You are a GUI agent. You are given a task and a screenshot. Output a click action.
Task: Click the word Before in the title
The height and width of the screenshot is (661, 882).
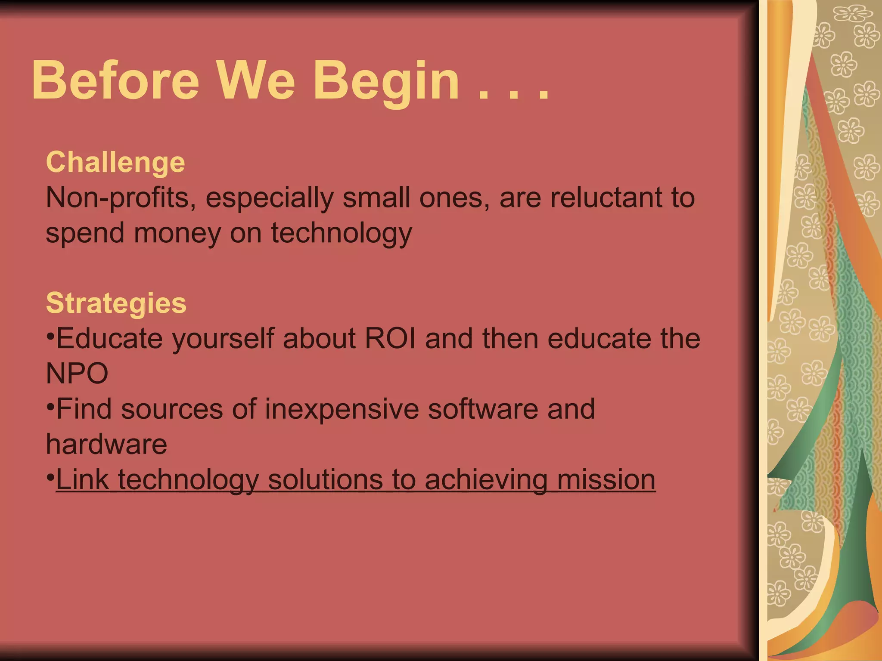(115, 80)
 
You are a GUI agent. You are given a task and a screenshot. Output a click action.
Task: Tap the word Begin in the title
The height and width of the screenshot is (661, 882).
(386, 82)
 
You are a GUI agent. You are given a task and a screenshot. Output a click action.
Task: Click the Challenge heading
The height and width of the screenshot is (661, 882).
(115, 163)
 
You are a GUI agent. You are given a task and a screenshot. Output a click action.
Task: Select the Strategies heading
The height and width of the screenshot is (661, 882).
(116, 303)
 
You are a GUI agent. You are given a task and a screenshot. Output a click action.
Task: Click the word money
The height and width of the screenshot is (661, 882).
(177, 233)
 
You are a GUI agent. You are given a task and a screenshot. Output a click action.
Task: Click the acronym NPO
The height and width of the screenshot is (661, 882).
(77, 374)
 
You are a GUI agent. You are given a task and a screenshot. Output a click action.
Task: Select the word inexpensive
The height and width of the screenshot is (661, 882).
(342, 409)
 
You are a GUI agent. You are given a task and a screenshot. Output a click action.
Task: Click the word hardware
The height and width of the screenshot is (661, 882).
(106, 444)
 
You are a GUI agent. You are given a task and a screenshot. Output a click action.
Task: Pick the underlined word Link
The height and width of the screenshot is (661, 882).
(82, 479)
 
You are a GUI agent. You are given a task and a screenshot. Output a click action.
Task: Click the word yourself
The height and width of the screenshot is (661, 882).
(223, 339)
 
